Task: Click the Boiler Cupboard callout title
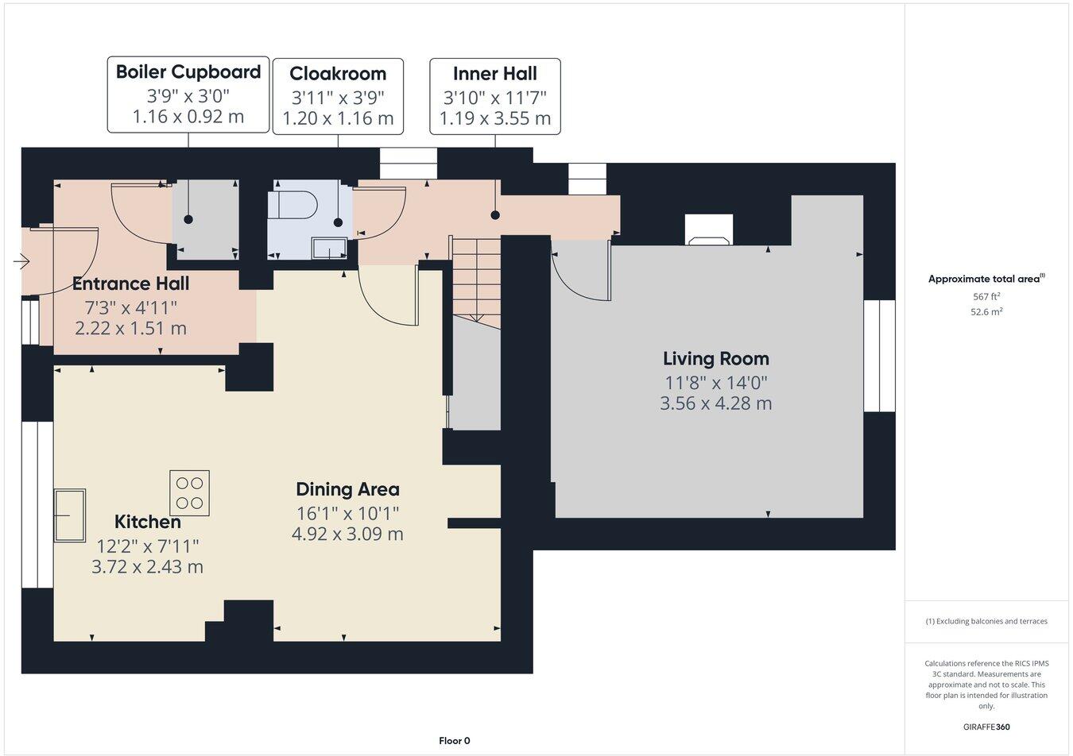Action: (188, 71)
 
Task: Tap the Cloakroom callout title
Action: (338, 74)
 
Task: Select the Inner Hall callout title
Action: (494, 74)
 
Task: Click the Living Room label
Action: (715, 358)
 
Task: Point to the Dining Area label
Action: (347, 489)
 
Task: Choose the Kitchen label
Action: (148, 522)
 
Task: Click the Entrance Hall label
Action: (130, 283)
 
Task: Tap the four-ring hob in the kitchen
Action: (189, 493)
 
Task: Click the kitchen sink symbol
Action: (70, 515)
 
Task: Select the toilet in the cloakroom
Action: (294, 205)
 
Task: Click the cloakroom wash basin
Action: (329, 249)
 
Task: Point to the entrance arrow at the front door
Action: (21, 260)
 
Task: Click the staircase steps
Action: (475, 278)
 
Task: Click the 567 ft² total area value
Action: (986, 296)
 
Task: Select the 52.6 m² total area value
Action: (986, 312)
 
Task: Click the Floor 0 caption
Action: (455, 741)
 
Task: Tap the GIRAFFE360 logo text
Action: (986, 726)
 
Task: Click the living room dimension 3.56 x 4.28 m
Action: (715, 403)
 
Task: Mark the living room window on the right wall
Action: (879, 356)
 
